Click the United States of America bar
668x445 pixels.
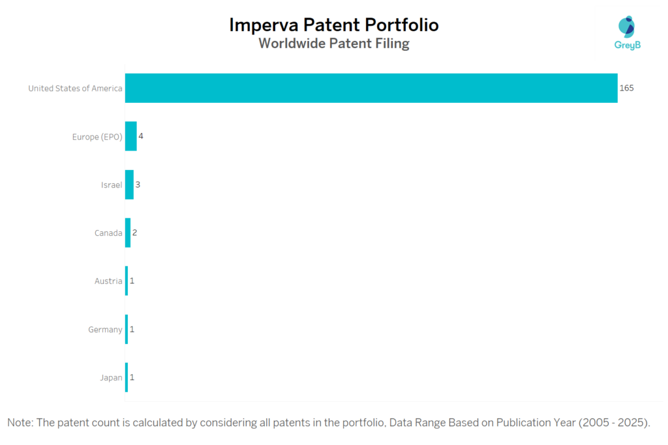click(x=371, y=88)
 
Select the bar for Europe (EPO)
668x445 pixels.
click(x=131, y=136)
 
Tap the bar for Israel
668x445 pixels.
click(x=129, y=184)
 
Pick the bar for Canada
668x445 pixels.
click(x=128, y=233)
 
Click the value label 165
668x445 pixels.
click(x=626, y=88)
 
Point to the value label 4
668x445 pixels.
click(x=141, y=136)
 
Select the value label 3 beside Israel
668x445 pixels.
click(x=138, y=184)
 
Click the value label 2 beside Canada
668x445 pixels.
click(x=135, y=233)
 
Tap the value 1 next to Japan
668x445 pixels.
click(x=132, y=377)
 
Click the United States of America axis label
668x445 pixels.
click(x=75, y=88)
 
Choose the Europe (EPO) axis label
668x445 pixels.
click(x=97, y=136)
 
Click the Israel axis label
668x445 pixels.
click(x=111, y=184)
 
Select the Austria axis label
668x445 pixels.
click(x=108, y=281)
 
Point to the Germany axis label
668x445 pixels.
click(x=105, y=329)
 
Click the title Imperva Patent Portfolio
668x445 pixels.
click(x=334, y=25)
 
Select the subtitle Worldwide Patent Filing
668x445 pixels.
click(x=334, y=44)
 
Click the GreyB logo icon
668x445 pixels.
click(x=626, y=27)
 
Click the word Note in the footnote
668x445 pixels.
click(x=21, y=423)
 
